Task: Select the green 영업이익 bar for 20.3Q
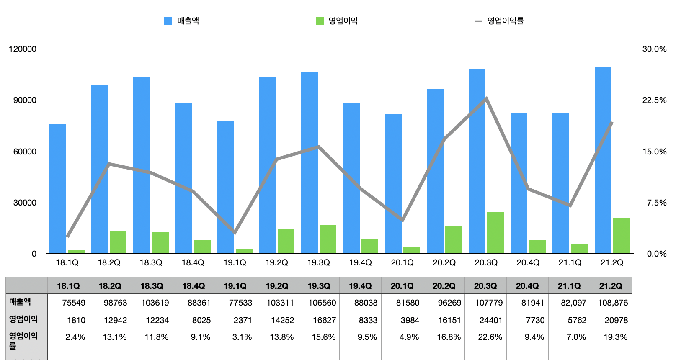pyautogui.click(x=495, y=232)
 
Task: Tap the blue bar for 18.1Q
pyautogui.click(x=58, y=188)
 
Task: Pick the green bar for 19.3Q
pyautogui.click(x=328, y=239)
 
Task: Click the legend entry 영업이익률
pyautogui.click(x=505, y=21)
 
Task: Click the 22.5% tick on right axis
pyautogui.click(x=654, y=100)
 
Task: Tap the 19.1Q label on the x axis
pyautogui.click(x=235, y=262)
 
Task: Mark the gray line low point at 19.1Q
pyautogui.click(x=235, y=232)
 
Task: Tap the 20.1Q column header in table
pyautogui.click(x=402, y=286)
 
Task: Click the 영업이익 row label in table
pyautogui.click(x=24, y=319)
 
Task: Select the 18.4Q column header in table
pyautogui.click(x=193, y=286)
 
